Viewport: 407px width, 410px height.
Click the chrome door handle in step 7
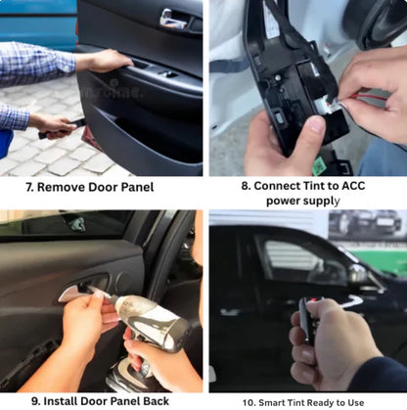[x=173, y=18]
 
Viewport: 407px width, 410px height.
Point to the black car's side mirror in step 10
[x=357, y=276]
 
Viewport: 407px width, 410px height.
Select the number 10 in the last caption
[x=248, y=400]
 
